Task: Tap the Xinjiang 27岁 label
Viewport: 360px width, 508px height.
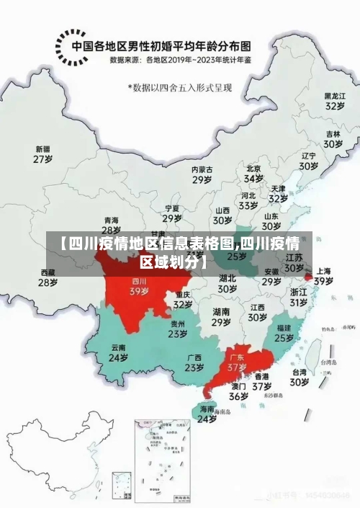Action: pyautogui.click(x=44, y=153)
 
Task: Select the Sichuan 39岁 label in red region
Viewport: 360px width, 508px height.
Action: pyautogui.click(x=139, y=287)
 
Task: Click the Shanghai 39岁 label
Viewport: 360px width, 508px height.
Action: pyautogui.click(x=323, y=276)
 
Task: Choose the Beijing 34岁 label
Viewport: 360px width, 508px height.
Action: pyautogui.click(x=253, y=173)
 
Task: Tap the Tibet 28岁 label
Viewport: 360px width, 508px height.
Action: pyautogui.click(x=48, y=277)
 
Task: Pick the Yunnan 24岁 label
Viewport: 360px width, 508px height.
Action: pyautogui.click(x=118, y=352)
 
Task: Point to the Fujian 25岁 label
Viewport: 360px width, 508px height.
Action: pyautogui.click(x=284, y=332)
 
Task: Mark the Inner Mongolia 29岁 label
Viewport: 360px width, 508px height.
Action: pyautogui.click(x=202, y=174)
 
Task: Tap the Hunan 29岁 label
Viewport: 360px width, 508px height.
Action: pyautogui.click(x=221, y=317)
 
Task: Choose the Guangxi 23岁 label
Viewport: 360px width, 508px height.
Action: pyautogui.click(x=194, y=362)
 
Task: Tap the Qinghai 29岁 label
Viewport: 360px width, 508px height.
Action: pyautogui.click(x=111, y=225)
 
